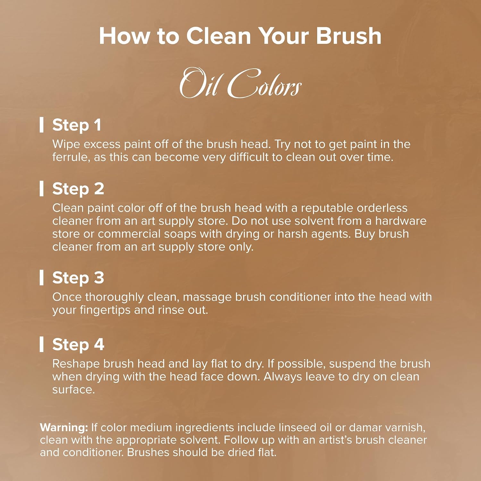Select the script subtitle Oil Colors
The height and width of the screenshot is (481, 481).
click(x=240, y=83)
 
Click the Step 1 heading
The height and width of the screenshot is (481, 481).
click(x=77, y=125)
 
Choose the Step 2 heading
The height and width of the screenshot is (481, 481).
click(x=78, y=189)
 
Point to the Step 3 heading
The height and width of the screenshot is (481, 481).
click(x=78, y=278)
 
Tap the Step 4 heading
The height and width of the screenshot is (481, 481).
click(x=78, y=345)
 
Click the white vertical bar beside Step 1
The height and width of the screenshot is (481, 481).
click(x=41, y=125)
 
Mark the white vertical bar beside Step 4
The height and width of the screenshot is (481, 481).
click(x=41, y=344)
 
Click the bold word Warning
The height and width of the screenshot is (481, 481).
click(x=64, y=427)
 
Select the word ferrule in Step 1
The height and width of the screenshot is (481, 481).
click(x=71, y=157)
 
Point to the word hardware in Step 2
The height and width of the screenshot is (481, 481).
click(x=401, y=221)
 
